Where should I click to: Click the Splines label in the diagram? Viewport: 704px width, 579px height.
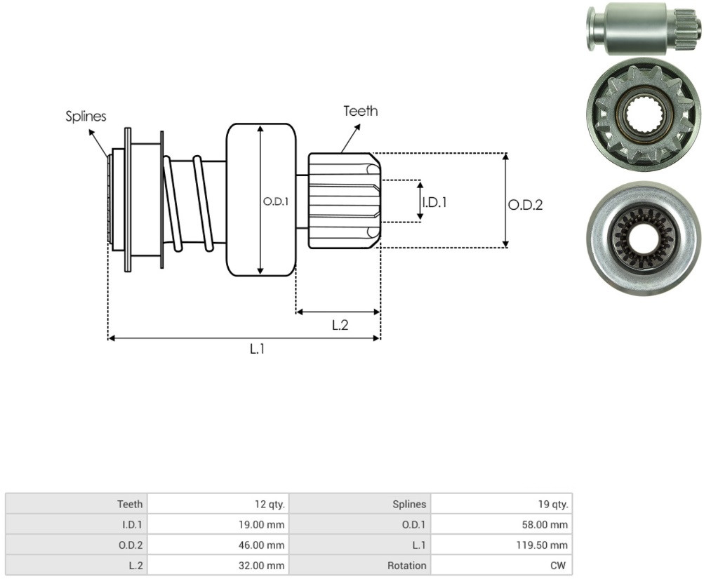coord(86,117)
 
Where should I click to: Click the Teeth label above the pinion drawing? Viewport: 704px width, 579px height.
coord(361,111)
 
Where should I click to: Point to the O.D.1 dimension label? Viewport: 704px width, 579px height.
coord(276,201)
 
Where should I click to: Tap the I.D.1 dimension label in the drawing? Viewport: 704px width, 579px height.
coord(434,202)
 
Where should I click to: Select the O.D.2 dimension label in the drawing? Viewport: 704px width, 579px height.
coord(525,205)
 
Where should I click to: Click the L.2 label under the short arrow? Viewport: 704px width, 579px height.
coord(340,325)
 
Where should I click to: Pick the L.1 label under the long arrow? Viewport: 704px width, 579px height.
coord(258,349)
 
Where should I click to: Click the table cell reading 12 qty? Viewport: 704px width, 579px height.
coord(218,504)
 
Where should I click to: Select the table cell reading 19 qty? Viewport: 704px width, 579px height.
coord(501,504)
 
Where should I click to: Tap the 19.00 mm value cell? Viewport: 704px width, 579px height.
coord(218,524)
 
